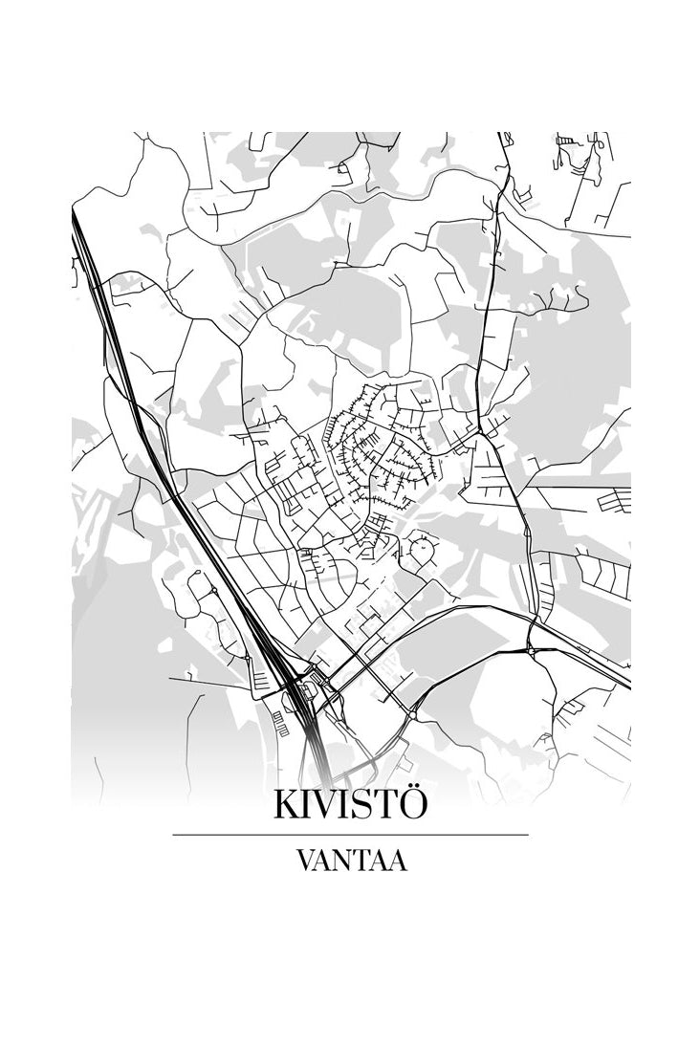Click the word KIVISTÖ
350,804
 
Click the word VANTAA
351,861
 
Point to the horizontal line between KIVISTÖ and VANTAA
350,835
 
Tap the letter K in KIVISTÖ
286,805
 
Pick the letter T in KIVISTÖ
383,805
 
